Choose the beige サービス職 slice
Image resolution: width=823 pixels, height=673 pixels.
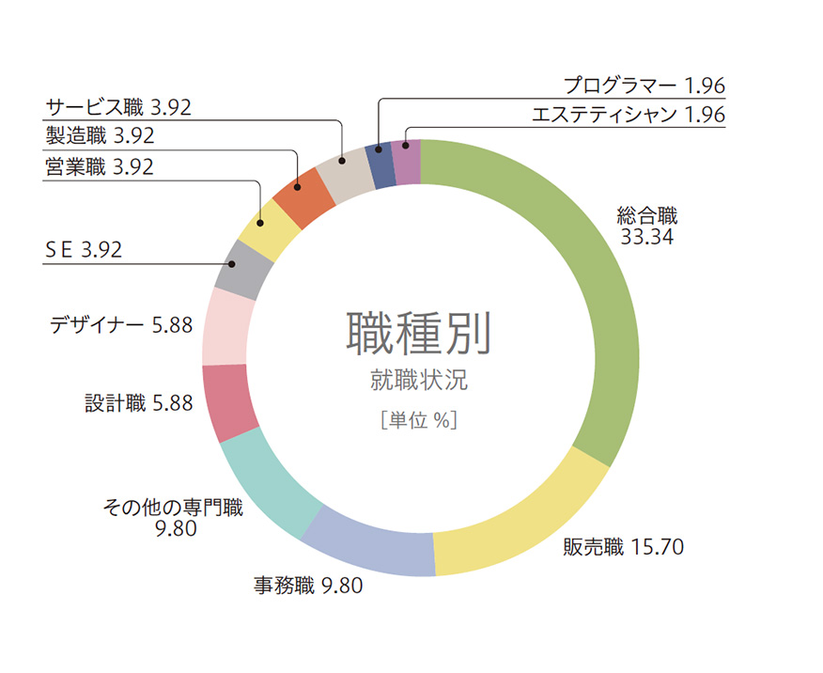point(344,170)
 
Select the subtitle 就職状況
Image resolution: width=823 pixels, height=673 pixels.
point(419,381)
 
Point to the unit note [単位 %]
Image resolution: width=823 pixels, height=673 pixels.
point(419,420)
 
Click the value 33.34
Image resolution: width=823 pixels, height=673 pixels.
point(646,237)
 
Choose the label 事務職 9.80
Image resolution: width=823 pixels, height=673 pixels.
point(307,586)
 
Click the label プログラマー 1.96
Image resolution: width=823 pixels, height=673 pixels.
point(644,86)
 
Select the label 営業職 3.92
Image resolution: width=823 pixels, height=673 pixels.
point(99,167)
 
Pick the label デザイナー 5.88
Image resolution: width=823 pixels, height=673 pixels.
point(120,325)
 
